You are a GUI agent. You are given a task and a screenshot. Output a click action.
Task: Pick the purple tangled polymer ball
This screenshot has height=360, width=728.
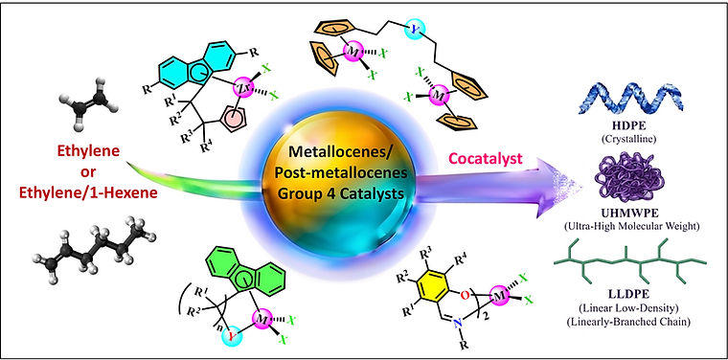[x=631, y=183]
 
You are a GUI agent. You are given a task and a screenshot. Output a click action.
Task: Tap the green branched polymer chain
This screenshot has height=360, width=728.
[x=630, y=263]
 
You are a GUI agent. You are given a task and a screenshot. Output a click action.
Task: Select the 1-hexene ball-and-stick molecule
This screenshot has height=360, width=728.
[x=95, y=245]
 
